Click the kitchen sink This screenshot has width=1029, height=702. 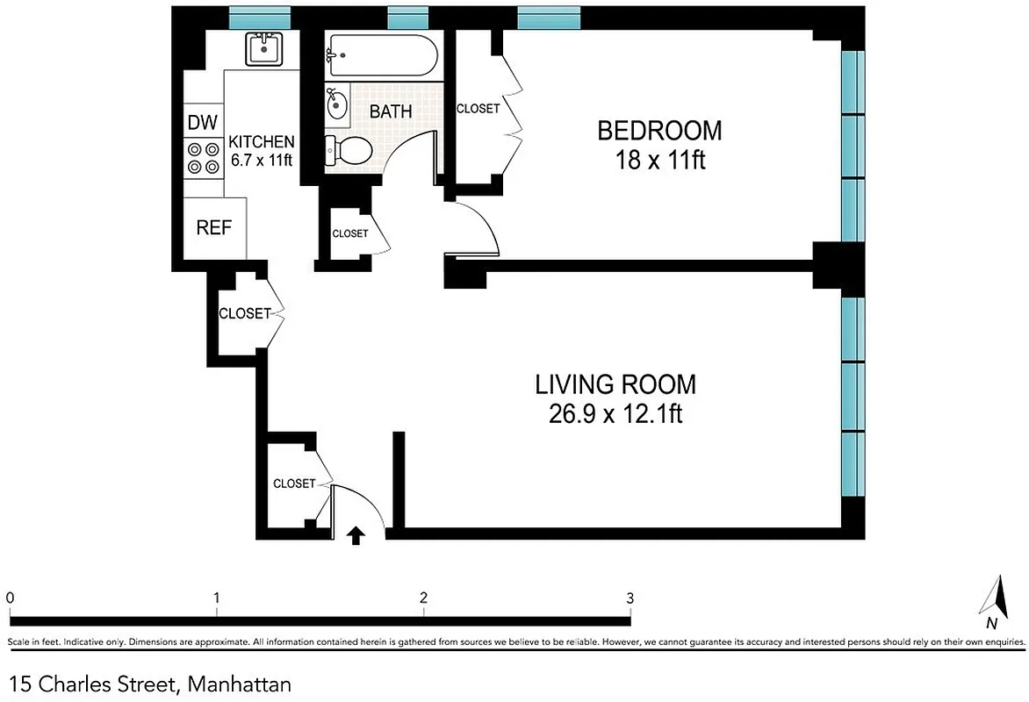coord(263,48)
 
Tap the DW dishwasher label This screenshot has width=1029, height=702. coord(203,122)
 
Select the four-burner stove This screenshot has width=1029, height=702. coord(203,157)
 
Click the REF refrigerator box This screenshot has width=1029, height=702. coord(213,227)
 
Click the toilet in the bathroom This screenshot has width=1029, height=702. coord(346,150)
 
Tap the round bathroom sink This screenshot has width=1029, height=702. coord(337,105)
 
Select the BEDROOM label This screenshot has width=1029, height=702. coord(659,131)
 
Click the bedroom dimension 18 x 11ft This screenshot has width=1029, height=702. coord(659,161)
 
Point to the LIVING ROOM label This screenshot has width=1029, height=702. coord(615,384)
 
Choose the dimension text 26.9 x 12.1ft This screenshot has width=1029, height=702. coord(615,414)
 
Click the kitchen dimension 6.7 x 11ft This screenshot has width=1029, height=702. coord(262,160)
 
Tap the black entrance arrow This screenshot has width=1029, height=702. coord(356,535)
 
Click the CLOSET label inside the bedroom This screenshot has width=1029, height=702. coord(478,109)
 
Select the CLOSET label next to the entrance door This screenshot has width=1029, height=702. coord(294,484)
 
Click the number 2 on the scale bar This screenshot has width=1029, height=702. coord(423,598)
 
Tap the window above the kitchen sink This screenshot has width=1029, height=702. coord(260,16)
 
